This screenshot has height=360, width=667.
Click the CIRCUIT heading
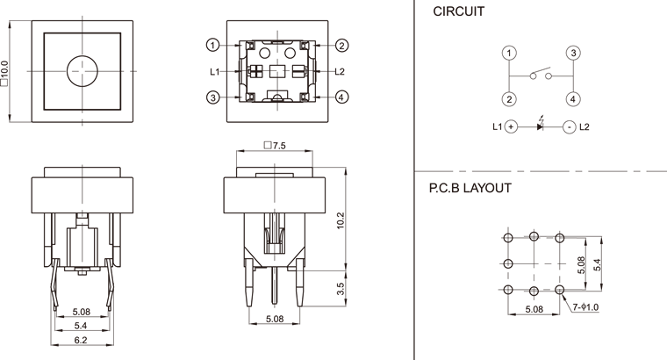tap(458, 12)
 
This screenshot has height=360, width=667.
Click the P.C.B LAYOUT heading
tap(470, 188)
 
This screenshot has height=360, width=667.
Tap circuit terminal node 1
tap(510, 54)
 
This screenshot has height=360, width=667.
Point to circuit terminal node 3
tap(571, 54)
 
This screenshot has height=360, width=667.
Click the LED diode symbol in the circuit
tap(540, 126)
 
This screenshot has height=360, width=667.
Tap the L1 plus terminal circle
tap(511, 126)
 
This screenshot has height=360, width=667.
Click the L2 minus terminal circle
tap(570, 126)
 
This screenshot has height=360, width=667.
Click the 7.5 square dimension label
tap(275, 144)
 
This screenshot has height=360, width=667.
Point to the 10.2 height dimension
tap(340, 225)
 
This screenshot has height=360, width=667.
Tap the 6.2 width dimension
tap(81, 339)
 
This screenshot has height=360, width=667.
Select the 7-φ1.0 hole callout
tap(586, 307)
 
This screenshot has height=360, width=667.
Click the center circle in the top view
tap(81, 69)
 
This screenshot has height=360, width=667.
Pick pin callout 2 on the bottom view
tap(341, 45)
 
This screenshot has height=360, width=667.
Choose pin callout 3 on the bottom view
tap(212, 97)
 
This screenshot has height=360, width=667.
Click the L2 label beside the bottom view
tap(341, 71)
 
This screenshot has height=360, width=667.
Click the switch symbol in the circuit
tap(541, 76)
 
